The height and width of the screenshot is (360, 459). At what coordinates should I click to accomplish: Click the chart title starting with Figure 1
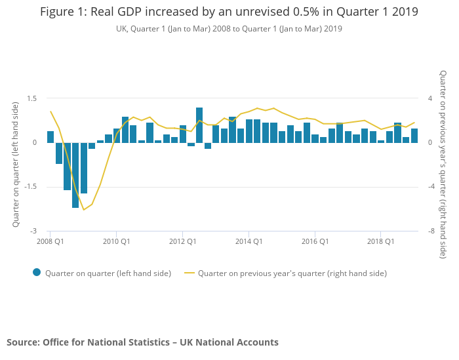tap(229, 12)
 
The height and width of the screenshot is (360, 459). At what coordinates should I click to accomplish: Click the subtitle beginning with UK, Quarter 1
tap(229, 29)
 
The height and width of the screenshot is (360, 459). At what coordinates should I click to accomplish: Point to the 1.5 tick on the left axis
tap(31, 98)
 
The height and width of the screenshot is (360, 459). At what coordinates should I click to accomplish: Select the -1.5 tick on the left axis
tap(30, 187)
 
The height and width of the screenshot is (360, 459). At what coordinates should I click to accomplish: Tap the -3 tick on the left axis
tap(34, 231)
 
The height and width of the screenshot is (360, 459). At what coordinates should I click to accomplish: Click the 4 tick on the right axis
tap(430, 98)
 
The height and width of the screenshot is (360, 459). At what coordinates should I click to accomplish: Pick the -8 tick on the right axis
tap(431, 231)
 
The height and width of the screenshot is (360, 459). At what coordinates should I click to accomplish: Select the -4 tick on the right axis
tap(431, 187)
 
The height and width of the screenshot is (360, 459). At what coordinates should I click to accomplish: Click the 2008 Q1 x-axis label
tap(50, 241)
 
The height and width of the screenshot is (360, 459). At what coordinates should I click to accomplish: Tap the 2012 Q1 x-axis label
tap(183, 241)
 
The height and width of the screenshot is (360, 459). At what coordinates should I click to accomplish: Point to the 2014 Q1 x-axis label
tap(249, 241)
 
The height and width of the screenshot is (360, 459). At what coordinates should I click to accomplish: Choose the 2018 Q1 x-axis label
tap(381, 241)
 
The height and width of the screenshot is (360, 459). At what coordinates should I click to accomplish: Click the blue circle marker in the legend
tap(37, 273)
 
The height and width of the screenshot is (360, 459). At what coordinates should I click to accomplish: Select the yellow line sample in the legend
tap(190, 273)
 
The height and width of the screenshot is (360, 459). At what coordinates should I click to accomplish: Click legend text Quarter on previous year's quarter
tap(292, 273)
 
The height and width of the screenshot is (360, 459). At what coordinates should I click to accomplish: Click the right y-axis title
tap(443, 165)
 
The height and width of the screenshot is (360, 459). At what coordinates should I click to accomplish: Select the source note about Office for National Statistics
tap(142, 342)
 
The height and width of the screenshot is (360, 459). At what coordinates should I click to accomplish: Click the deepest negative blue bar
tap(75, 175)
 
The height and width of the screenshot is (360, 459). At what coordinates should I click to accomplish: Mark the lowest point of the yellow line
tap(83, 210)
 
